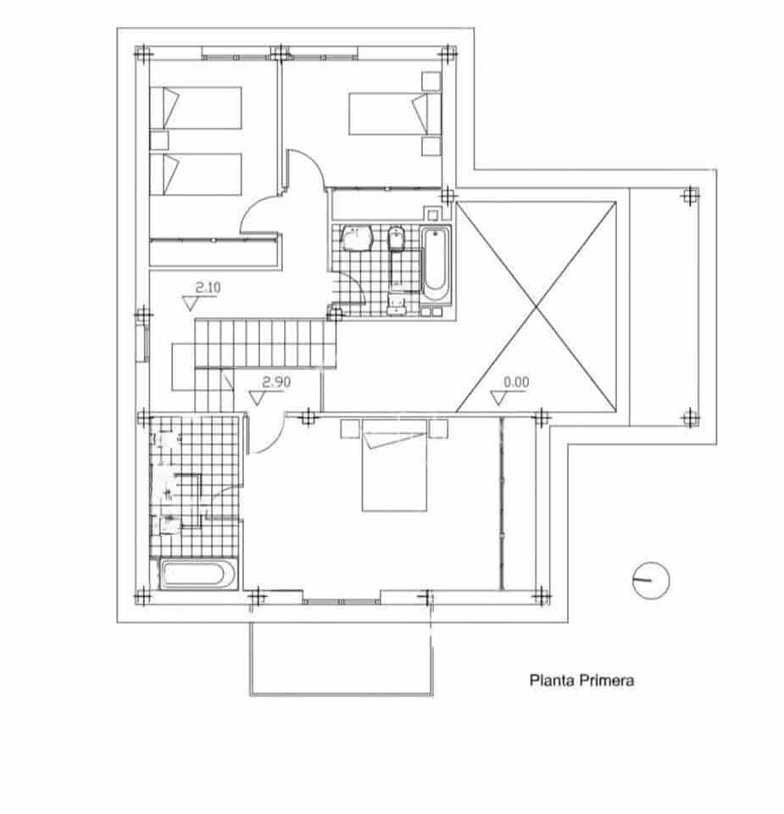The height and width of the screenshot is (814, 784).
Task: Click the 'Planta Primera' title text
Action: pos(581,680)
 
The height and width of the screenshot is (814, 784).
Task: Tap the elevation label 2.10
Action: pos(208,287)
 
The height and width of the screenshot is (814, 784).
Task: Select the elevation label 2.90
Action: pos(276,382)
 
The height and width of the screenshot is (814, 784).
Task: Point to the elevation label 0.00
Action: pos(515,382)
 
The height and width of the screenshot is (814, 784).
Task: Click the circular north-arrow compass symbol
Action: pos(651,580)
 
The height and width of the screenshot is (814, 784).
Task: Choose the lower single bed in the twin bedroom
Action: pos(196,174)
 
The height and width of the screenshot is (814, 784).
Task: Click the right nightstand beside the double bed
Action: pos(437,427)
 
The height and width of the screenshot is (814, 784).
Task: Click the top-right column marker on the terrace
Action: pos(690,196)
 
